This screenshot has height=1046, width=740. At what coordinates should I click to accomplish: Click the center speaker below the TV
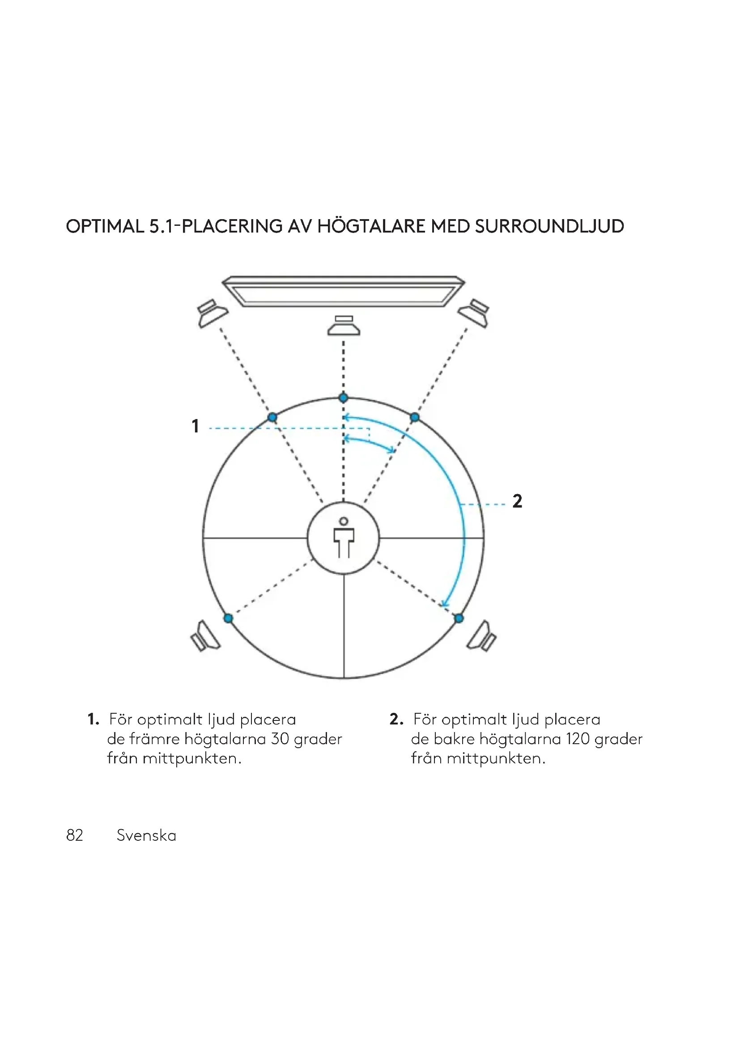pyautogui.click(x=344, y=325)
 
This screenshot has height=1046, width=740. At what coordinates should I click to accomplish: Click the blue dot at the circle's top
pyautogui.click(x=344, y=398)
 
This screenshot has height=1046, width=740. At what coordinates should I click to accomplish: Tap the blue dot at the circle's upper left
pyautogui.click(x=272, y=417)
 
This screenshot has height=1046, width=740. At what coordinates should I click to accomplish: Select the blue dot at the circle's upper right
pyautogui.click(x=415, y=417)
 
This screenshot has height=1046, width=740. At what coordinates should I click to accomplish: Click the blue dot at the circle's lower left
pyautogui.click(x=229, y=618)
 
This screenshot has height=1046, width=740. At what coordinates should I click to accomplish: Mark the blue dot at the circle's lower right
pyautogui.click(x=459, y=618)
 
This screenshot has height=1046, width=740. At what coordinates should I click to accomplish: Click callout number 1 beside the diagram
pyautogui.click(x=196, y=427)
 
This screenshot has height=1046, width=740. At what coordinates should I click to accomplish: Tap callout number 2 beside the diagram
pyautogui.click(x=517, y=501)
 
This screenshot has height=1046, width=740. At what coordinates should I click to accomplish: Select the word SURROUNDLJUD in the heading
pyautogui.click(x=549, y=226)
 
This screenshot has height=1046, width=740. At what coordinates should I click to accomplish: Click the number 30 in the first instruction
pyautogui.click(x=280, y=738)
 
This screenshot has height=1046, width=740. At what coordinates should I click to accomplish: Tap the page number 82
pyautogui.click(x=75, y=835)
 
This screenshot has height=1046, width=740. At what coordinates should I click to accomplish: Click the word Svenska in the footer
pyautogui.click(x=146, y=835)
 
